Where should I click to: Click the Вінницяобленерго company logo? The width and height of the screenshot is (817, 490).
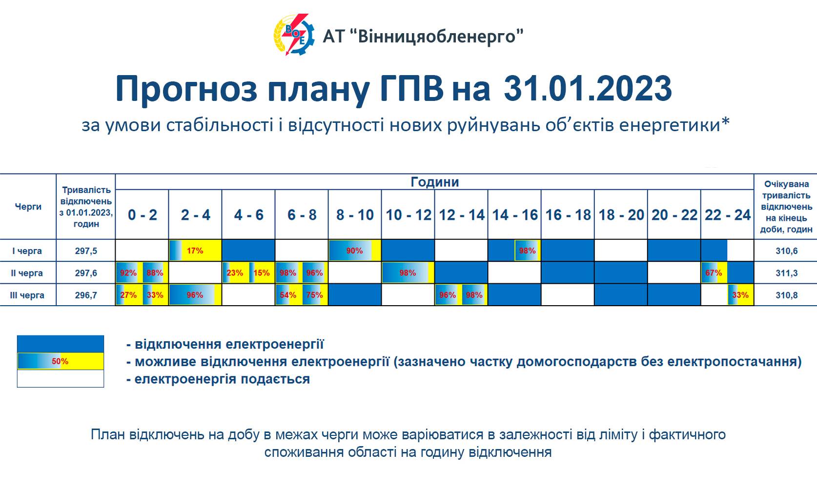point(294,35)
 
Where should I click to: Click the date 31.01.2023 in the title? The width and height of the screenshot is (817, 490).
point(588,89)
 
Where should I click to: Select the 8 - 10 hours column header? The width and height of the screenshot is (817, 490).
point(355,215)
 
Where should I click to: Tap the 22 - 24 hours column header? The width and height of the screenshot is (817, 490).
point(728,215)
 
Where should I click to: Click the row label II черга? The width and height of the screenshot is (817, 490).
point(27,273)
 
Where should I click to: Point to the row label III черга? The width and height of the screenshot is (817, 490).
point(27,295)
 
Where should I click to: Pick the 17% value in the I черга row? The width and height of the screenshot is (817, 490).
point(195,251)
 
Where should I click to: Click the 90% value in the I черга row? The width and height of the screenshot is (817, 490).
point(354,251)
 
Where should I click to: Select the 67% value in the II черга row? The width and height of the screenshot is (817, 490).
point(714,273)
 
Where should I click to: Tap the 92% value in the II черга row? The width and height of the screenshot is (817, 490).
point(128,273)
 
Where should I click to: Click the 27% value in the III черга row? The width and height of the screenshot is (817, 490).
point(128,295)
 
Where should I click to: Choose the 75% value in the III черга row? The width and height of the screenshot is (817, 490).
point(314,295)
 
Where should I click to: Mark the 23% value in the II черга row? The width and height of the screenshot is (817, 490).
point(235,273)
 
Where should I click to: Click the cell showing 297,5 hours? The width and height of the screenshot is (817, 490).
point(86,251)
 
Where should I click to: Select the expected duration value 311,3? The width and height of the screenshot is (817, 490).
point(786,273)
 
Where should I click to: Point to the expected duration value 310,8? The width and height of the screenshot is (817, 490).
point(786,295)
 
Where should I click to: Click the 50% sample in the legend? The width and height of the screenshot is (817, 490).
point(60,361)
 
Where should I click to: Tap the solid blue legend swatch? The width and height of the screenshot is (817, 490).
point(61,344)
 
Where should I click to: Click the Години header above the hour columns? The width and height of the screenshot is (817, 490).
point(435,182)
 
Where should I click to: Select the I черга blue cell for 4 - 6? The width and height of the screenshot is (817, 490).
point(248,250)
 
